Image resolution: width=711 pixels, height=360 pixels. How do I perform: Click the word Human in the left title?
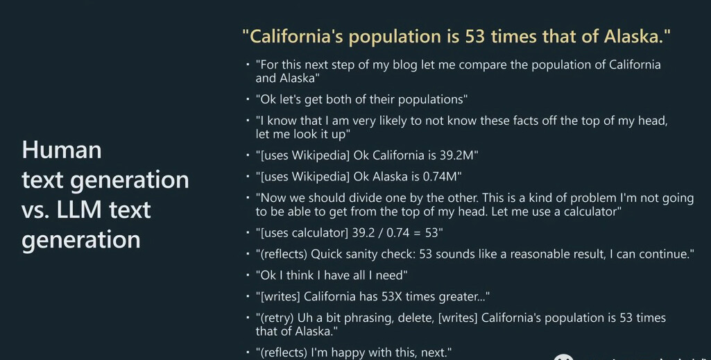click(62, 150)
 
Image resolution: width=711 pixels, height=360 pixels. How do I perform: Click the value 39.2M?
click(459, 155)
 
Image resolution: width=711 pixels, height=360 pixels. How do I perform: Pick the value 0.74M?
click(442, 176)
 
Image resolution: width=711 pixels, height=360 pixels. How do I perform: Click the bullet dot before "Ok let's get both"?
click(248, 98)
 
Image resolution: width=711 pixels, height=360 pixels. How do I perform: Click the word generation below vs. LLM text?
click(81, 240)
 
